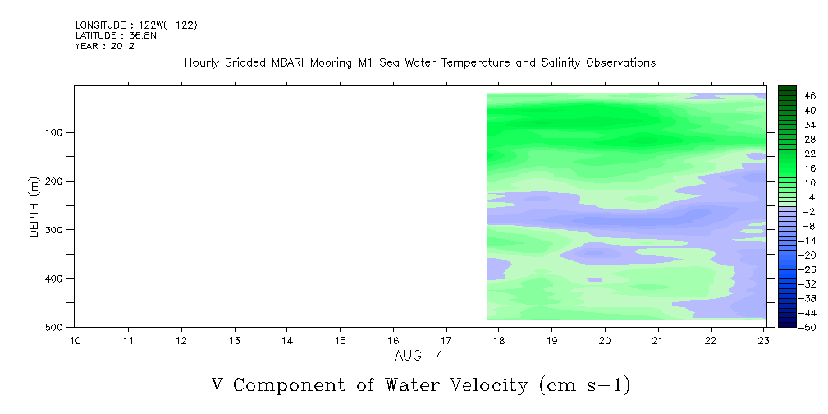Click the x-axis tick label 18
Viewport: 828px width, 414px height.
pos(499,341)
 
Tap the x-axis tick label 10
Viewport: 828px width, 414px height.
pos(75,341)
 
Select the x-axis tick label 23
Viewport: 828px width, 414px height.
pos(765,341)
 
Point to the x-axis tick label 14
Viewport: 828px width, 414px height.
pos(286,341)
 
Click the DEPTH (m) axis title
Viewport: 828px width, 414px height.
pos(34,206)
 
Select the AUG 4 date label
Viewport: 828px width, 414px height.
pos(419,356)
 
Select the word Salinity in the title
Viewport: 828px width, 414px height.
pos(560,63)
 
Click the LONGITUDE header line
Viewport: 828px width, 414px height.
pos(136,25)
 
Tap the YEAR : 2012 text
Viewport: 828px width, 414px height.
pos(104,46)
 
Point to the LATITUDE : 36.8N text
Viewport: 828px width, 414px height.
pos(116,35)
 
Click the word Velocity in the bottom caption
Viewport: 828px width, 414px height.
pos(490,385)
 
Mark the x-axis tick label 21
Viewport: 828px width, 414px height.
pos(658,341)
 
